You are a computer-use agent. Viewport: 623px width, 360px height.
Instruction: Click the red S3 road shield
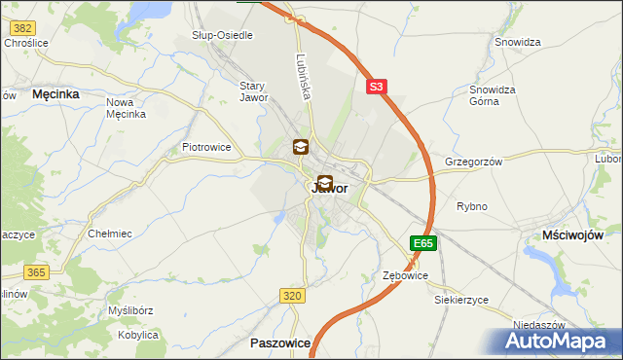377,87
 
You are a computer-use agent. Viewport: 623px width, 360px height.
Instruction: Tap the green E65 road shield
422,243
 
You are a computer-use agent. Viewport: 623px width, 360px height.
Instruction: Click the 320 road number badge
292,295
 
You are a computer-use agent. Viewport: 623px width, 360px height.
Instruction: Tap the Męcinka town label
55,94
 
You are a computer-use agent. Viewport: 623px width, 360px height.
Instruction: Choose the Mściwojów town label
572,235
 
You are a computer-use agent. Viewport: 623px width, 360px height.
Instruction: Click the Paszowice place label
280,343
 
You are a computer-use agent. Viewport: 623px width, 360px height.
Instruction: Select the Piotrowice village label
205,147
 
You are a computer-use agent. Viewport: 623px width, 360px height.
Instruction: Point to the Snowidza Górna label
492,95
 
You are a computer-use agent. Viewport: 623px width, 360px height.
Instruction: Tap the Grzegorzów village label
472,162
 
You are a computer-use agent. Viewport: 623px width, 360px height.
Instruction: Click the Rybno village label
472,206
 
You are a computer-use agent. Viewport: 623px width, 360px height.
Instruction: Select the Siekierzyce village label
461,300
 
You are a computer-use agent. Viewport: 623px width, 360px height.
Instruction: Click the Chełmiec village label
110,234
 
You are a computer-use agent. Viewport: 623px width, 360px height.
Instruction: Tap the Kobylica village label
137,335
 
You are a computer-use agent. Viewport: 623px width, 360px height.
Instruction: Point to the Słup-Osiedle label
222,35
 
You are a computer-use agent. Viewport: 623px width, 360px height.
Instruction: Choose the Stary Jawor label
253,91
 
